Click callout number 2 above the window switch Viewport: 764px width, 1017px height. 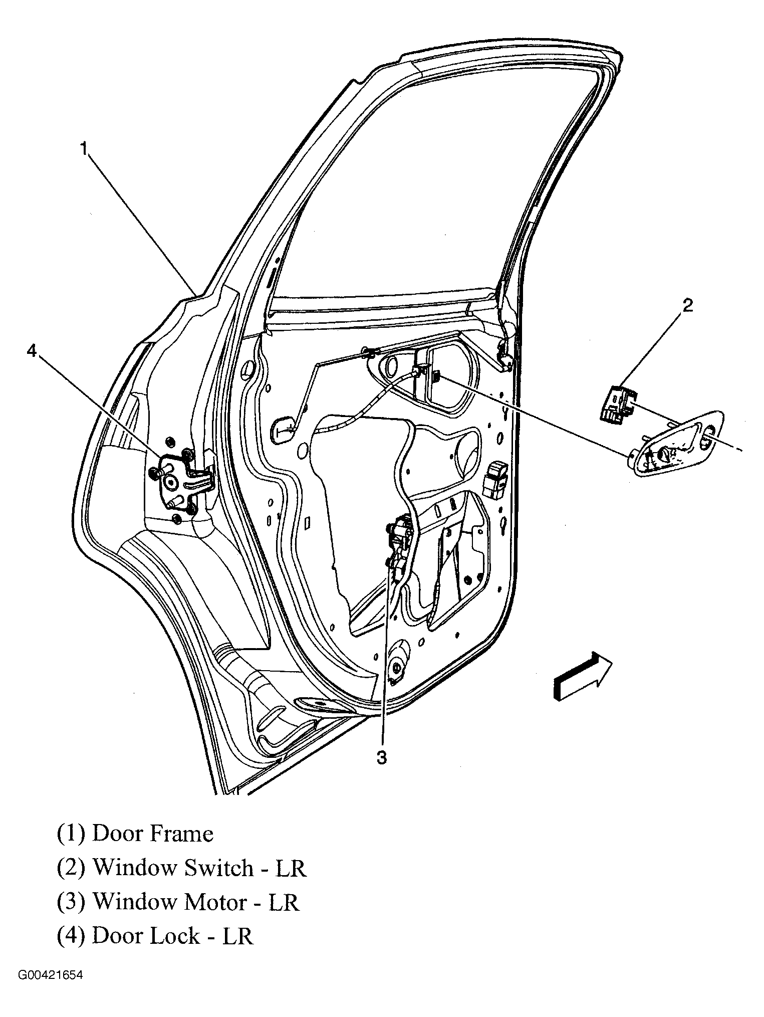[x=687, y=305]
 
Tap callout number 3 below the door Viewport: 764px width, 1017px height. [x=382, y=758]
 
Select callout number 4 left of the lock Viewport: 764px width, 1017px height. [x=32, y=352]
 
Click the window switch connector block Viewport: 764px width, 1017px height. [x=615, y=403]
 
